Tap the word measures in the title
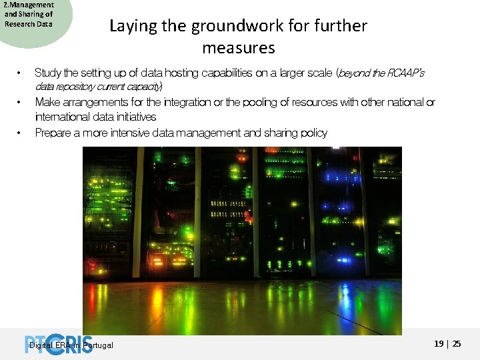point(238,48)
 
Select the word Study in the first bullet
point(47,72)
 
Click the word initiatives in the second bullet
point(135,117)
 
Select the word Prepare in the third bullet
point(53,133)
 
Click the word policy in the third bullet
point(313,133)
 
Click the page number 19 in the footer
point(439,344)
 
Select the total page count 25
point(457,344)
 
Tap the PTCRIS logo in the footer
point(59,343)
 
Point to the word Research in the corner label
point(18,24)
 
